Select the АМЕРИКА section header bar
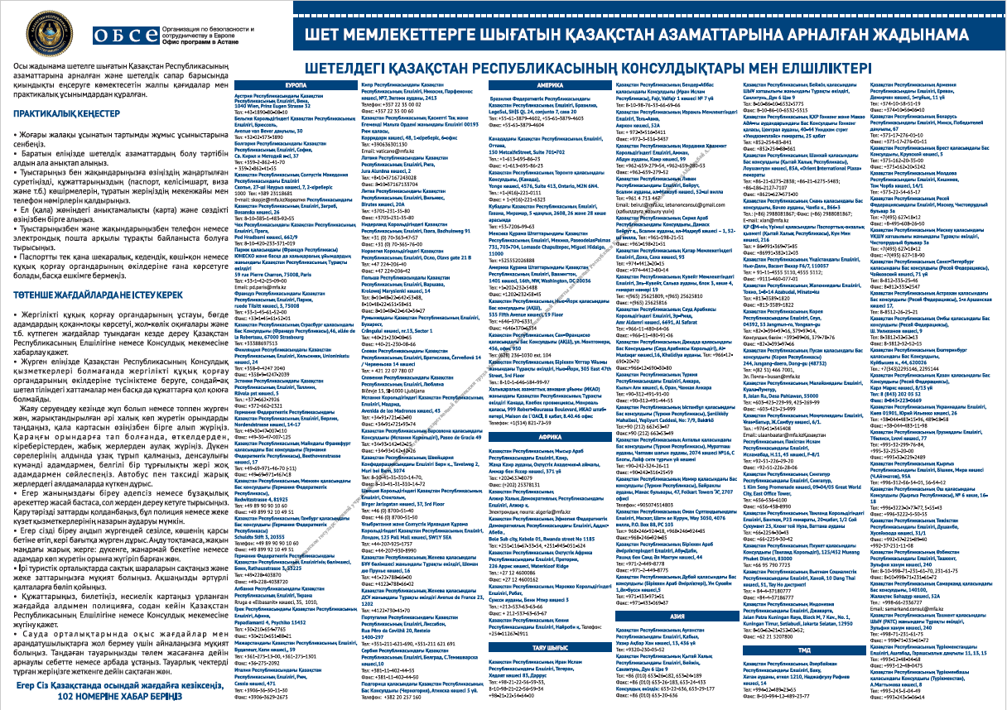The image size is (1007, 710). pyautogui.click(x=548, y=86)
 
